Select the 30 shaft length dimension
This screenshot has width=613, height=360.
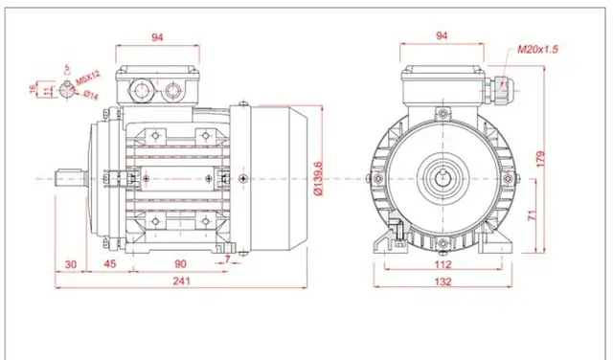click(x=71, y=264)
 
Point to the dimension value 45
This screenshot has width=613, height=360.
click(x=110, y=264)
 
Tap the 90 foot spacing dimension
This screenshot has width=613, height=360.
click(x=179, y=264)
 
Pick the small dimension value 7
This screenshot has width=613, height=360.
click(x=226, y=259)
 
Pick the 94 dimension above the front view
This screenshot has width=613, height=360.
click(x=443, y=36)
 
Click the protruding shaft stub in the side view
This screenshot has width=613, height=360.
click(x=72, y=178)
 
